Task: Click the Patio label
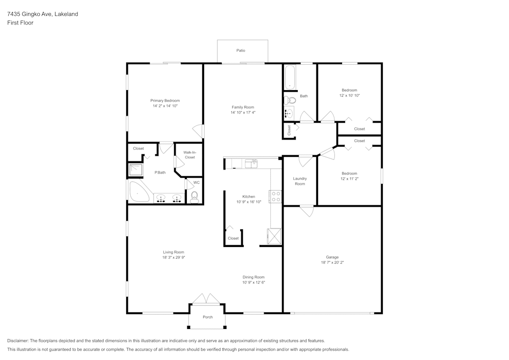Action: (x=241, y=50)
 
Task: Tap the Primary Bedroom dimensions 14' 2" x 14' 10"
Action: (x=165, y=106)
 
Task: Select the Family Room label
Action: (x=243, y=107)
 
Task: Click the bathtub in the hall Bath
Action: (x=290, y=77)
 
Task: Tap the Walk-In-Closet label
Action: (x=189, y=155)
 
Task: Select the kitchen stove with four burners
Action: (x=276, y=197)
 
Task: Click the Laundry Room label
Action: (x=300, y=181)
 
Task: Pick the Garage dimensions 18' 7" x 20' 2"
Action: (x=333, y=263)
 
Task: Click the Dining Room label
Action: (x=253, y=277)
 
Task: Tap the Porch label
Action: (x=208, y=317)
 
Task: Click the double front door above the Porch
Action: (x=207, y=299)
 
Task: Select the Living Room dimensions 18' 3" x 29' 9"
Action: (x=174, y=258)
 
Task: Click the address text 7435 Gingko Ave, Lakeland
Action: (x=43, y=14)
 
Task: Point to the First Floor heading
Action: (x=20, y=23)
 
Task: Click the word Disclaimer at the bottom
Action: (x=18, y=341)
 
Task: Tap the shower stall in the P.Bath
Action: (x=136, y=170)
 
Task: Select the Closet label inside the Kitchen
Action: (x=233, y=238)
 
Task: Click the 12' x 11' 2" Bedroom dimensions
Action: (x=349, y=179)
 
